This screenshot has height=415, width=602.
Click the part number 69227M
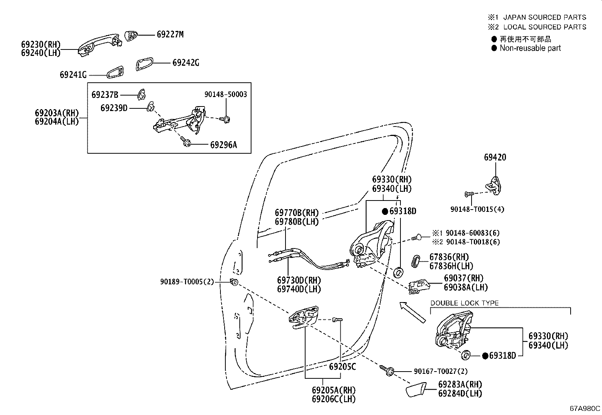coord(170,34)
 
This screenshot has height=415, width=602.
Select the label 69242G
coord(186,63)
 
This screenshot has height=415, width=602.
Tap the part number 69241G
coord(73,75)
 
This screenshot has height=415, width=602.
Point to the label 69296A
coord(223,145)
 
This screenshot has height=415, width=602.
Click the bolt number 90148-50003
coord(226,94)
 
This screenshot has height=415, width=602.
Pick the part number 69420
coord(495,157)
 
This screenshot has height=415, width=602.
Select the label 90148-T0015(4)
coord(477,209)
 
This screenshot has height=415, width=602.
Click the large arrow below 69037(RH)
coord(413,312)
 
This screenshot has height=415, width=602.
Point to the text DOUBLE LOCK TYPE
coord(464,303)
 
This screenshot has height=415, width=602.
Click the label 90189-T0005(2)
coord(187,282)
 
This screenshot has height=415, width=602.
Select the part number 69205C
coord(342,367)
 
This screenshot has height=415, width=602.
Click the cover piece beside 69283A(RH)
coord(416,389)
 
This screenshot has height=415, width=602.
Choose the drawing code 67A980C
coord(585,409)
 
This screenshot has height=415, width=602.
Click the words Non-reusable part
coord(530,48)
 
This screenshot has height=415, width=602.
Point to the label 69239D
coord(114,108)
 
